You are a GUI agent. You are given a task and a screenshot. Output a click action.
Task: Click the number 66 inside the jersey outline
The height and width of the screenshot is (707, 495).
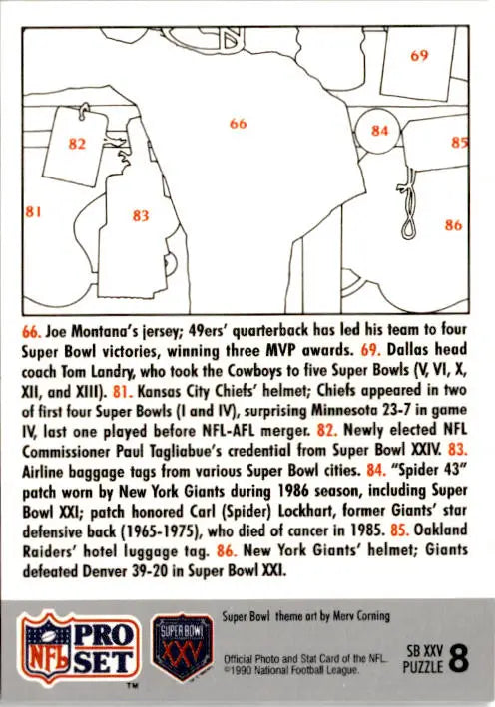[238, 123]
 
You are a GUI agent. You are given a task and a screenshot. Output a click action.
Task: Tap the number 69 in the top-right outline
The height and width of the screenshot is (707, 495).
[419, 55]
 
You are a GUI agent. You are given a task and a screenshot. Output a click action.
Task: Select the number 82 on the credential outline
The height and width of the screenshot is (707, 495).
[77, 144]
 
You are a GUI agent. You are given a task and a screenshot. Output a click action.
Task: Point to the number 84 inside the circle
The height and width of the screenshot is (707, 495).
[379, 131]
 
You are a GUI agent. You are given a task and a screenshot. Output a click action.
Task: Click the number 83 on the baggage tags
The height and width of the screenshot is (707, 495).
[141, 216]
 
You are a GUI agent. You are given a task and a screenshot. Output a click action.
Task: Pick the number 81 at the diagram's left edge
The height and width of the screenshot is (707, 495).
[33, 211]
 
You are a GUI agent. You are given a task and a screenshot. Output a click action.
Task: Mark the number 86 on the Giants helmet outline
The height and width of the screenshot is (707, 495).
[453, 224]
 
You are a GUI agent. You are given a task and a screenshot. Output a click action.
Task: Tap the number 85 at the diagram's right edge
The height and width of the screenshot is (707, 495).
[459, 142]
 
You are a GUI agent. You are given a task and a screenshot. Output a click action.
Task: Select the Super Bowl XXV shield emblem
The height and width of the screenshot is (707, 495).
[182, 647]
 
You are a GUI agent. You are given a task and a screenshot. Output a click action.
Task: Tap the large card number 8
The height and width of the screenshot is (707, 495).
[458, 659]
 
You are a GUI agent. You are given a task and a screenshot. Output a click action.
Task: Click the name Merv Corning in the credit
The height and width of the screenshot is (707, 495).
[361, 616]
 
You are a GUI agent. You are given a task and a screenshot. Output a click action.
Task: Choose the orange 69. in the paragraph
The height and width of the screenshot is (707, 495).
[370, 350]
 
